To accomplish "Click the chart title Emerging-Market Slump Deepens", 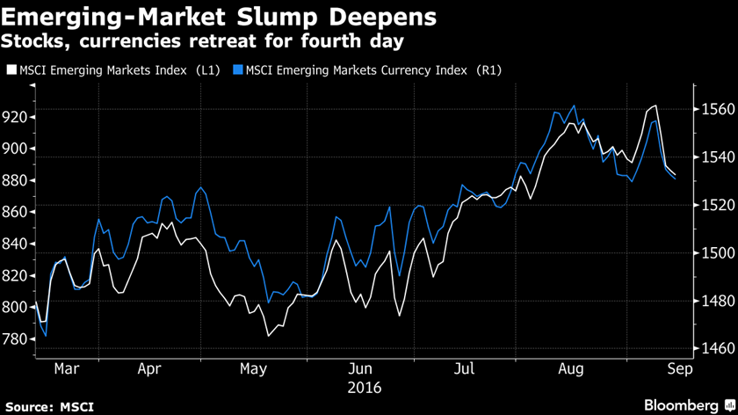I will tap(217, 17).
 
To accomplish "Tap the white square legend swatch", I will tap(11, 69).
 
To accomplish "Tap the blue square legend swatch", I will tap(240, 69).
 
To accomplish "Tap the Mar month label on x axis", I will tap(67, 370).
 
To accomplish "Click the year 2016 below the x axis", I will tap(365, 387).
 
